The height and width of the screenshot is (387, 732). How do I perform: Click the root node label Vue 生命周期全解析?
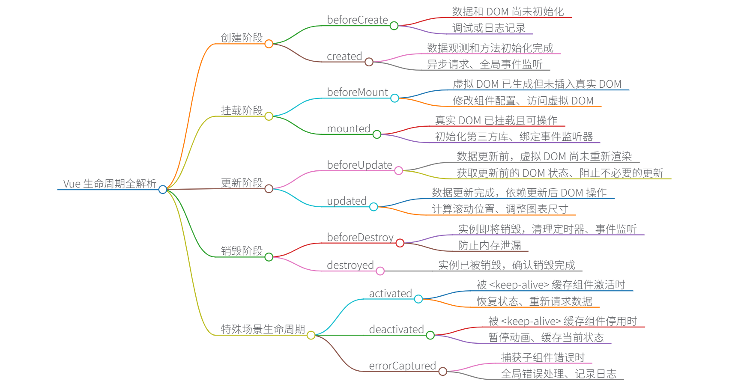coord(110,184)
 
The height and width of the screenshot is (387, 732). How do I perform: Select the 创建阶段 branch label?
coord(242,38)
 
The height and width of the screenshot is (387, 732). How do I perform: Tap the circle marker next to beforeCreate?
coord(394,26)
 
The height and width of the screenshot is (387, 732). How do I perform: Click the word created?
coord(344,56)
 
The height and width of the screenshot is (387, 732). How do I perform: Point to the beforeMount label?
coord(357,92)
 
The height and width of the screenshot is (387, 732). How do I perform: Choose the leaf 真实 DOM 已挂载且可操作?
coord(496,120)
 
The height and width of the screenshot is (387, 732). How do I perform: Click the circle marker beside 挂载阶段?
coord(269,116)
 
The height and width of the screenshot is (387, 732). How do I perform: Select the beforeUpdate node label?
coord(359,165)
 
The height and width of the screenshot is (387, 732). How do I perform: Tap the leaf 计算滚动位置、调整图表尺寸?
coord(500,209)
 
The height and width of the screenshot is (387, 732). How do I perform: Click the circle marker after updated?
coord(373,207)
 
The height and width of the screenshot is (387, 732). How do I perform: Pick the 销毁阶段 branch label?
coord(242,251)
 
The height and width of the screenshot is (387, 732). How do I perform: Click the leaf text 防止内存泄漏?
coord(490,245)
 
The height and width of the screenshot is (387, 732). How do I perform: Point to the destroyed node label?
coord(350,265)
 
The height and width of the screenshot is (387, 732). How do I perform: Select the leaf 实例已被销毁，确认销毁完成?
coord(506,265)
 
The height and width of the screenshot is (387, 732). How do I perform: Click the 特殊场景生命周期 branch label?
coord(263,329)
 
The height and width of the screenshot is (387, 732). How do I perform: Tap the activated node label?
coord(390,293)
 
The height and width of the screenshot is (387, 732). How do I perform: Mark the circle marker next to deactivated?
coord(430,335)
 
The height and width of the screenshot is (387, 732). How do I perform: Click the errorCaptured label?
coord(402,366)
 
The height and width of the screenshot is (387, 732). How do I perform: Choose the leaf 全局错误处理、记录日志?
coord(559,374)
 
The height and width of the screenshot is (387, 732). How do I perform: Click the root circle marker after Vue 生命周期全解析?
coord(163,189)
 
